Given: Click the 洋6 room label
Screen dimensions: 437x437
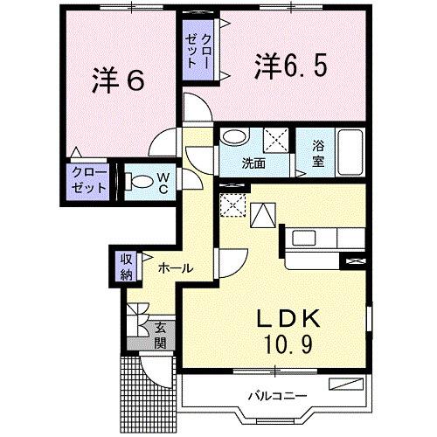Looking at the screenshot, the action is coord(118,80).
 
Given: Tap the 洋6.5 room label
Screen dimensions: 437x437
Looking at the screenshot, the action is coord(290,66).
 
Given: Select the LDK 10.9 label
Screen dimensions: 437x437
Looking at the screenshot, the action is coord(288,331).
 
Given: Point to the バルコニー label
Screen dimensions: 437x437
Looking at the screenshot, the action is coord(277,396).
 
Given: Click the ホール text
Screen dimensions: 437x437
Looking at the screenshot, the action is coord(176,268).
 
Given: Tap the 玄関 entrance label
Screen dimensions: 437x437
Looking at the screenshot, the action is coord(160,336).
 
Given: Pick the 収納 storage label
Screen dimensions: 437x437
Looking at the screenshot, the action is coord(127,267).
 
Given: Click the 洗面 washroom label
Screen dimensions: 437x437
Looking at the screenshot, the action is coord(253,163).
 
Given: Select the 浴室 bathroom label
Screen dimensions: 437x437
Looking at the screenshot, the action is coord(318,154).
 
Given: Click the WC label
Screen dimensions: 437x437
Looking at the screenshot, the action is coord(163,183).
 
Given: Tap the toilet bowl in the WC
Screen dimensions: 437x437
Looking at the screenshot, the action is coord(139,182).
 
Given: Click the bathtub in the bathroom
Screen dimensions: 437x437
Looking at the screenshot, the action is coord(350,152).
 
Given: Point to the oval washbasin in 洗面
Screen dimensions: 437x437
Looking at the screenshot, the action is coord(233,136).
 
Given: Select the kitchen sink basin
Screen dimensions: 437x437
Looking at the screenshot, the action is coord(303,238).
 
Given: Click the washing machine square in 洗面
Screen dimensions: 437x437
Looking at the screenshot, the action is coord(276,140).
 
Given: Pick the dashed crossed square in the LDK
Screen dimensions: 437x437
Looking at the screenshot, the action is coord(233,205).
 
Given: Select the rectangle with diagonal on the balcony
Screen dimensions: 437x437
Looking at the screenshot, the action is coord(346,384).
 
